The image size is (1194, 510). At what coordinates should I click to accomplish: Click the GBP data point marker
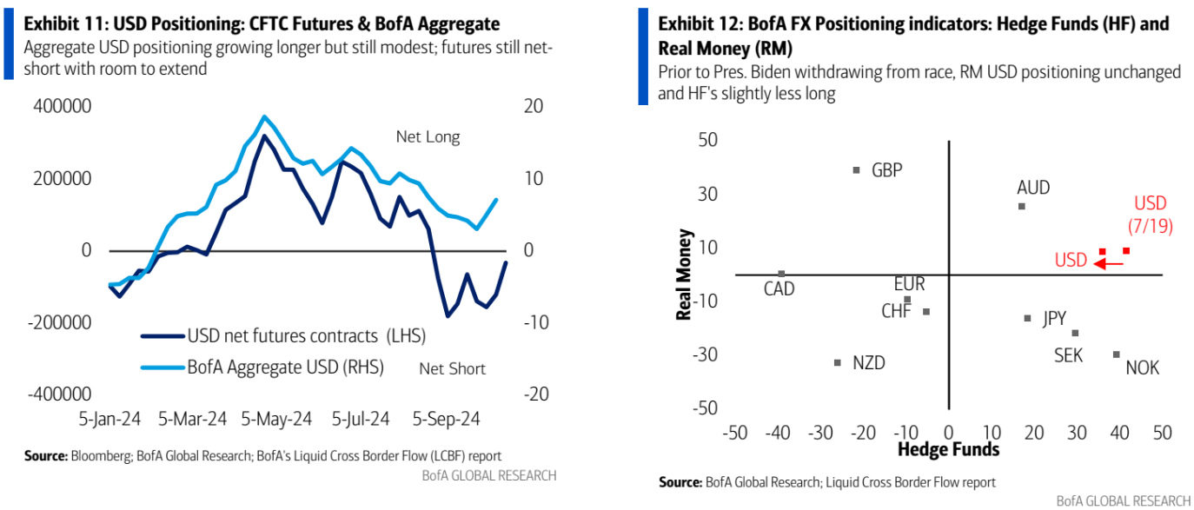(857, 170)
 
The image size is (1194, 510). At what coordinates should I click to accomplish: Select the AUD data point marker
(1022, 206)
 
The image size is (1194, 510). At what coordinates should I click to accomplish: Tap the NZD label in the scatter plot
(868, 363)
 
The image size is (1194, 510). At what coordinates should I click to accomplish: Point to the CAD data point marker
(781, 274)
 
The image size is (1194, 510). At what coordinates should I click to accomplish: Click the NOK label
(1142, 368)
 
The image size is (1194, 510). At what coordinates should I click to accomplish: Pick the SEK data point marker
(1075, 333)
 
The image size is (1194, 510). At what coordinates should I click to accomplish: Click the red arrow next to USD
(1109, 262)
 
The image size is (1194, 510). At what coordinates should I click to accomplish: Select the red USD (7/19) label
(1151, 215)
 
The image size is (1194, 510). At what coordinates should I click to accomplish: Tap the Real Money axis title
(684, 275)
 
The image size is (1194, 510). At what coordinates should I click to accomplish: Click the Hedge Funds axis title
(948, 449)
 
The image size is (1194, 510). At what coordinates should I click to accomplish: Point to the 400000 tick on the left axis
(63, 107)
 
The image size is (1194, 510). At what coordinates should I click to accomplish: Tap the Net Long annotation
(428, 136)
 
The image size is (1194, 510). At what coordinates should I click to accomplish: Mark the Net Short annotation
(452, 368)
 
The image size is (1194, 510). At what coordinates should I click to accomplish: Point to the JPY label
(1054, 319)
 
